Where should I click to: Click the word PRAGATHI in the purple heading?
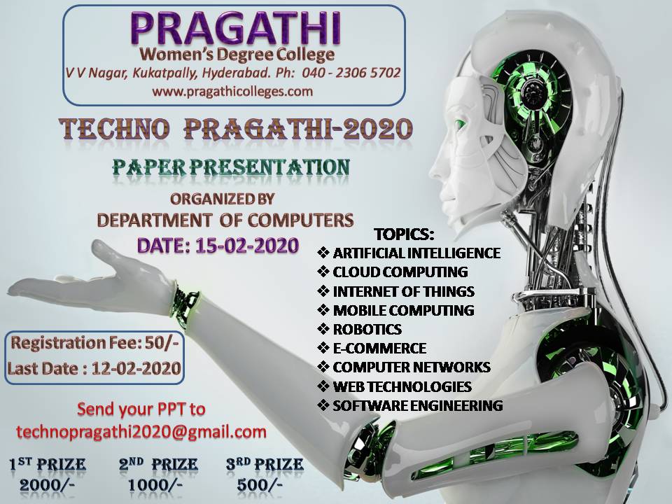point(235,28)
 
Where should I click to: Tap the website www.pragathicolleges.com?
point(232,91)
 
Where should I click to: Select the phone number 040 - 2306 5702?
point(351,72)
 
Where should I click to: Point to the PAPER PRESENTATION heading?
point(231,167)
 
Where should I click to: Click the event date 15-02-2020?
point(247,246)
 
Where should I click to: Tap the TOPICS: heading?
point(404,234)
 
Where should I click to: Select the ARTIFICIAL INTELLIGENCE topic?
point(416,253)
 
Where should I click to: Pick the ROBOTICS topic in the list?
point(367,329)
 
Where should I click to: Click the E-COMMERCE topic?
point(379,348)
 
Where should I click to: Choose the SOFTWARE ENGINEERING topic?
point(418,405)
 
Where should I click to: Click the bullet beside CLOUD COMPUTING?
point(323,272)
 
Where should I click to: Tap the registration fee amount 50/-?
point(162,343)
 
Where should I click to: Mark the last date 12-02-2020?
point(136,369)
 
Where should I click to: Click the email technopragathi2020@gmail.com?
point(141,432)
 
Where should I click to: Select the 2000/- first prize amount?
point(47,484)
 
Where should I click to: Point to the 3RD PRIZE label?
point(265,464)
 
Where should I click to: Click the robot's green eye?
point(460,125)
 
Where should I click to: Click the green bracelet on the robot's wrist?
point(185,304)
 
